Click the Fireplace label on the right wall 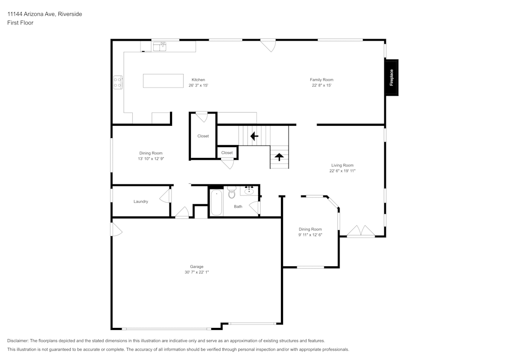[x=391, y=77]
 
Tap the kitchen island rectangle [x=163, y=81]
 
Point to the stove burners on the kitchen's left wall [x=118, y=82]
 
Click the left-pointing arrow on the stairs [x=254, y=136]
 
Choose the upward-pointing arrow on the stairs [x=279, y=157]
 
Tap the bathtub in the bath [x=216, y=203]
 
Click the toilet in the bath [x=232, y=192]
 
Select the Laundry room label [x=141, y=202]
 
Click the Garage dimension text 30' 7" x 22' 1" [x=197, y=272]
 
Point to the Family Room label [x=322, y=79]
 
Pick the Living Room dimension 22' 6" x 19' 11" [x=342, y=171]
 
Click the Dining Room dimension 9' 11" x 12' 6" [x=310, y=235]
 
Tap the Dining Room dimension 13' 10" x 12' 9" [x=151, y=159]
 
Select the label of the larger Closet [x=203, y=136]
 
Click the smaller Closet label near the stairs [x=227, y=153]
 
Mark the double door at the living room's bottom [x=361, y=232]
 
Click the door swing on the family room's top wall [x=268, y=45]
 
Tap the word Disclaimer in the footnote [x=18, y=341]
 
